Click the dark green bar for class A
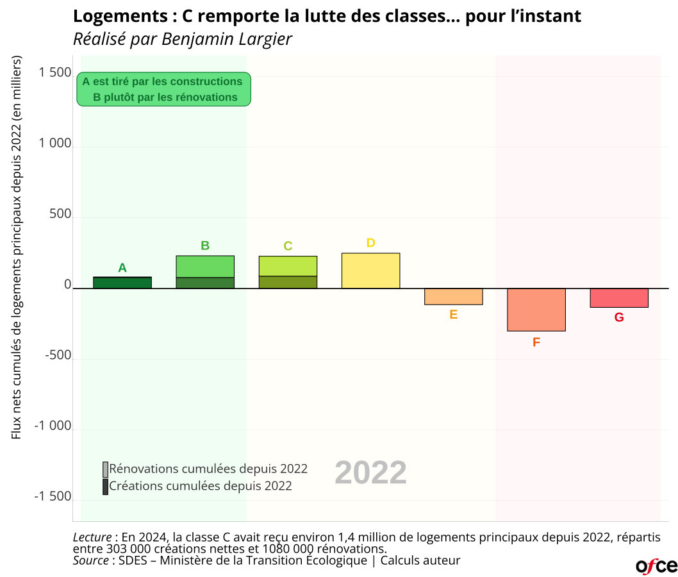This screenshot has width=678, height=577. pos(122,283)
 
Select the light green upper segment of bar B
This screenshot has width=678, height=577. pos(205,267)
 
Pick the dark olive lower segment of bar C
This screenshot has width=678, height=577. pos(288,282)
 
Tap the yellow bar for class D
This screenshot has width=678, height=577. pos(370,271)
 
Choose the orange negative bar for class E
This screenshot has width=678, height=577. pos(453,296)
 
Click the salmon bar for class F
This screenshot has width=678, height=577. pos(536,310)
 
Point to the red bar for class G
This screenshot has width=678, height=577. pos(619,298)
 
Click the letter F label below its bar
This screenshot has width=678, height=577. pos(536,342)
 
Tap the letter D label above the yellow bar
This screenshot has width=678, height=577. pos(370,243)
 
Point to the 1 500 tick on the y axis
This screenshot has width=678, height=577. pos(55,73)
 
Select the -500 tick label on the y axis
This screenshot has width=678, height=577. pos(58,356)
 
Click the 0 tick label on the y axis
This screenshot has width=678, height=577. pos(67,285)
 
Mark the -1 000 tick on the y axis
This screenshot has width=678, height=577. pos(54,426)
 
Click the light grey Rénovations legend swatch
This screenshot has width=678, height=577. pos(105,469)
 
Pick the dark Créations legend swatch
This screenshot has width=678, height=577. pos(105,487)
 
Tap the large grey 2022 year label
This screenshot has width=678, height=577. pos(370,473)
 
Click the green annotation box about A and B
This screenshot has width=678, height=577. pos(163,89)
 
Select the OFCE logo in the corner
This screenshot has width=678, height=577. pos(656,565)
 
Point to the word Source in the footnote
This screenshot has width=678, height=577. pos(90,560)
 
